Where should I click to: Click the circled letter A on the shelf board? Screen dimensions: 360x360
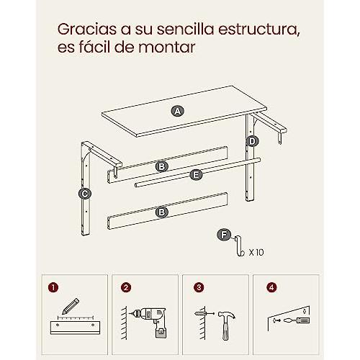(178, 112)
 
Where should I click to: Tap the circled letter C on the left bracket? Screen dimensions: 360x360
(85, 194)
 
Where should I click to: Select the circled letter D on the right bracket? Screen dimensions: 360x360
(252, 141)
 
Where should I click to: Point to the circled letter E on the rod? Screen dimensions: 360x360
(196, 174)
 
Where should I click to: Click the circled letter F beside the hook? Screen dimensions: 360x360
(224, 235)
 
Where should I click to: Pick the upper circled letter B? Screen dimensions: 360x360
(162, 166)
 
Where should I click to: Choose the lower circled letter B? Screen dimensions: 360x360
(162, 212)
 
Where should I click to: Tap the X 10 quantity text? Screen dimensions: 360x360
(256, 252)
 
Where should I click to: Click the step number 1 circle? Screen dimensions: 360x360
(53, 287)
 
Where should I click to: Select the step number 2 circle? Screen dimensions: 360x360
(126, 287)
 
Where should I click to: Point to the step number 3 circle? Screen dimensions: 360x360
(199, 287)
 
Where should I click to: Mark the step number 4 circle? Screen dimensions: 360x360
(271, 287)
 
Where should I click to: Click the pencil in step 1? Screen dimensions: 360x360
(71, 306)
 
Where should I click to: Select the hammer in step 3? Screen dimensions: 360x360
(226, 325)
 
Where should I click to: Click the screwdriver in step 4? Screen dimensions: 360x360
(297, 320)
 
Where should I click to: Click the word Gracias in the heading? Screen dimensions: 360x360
(89, 30)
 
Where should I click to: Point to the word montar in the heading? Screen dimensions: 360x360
(167, 48)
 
